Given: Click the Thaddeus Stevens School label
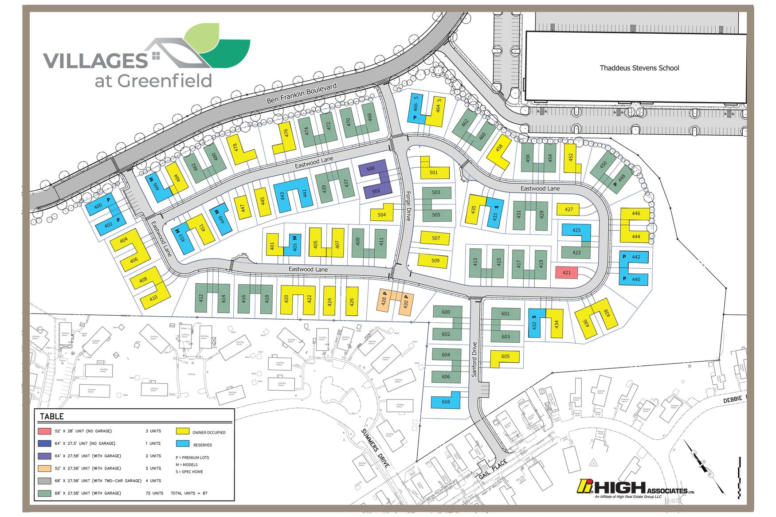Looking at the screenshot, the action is coord(639,68).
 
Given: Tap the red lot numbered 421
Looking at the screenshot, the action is coord(566,272).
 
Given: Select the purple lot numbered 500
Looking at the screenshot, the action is coord(371,169).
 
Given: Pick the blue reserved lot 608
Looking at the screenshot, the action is coord(446,402).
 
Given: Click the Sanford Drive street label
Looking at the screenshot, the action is coord(474,359).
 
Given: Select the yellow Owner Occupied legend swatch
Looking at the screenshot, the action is coord(183,431).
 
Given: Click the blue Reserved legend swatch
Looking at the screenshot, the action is coord(183,443).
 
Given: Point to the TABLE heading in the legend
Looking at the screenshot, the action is coord(52,416).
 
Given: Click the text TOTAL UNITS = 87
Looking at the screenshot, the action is coord(189,493).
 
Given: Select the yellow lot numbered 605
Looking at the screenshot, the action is coord(505,356).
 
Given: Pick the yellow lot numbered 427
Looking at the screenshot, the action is coord(568,209).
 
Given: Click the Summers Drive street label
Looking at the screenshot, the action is coord(375,448).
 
